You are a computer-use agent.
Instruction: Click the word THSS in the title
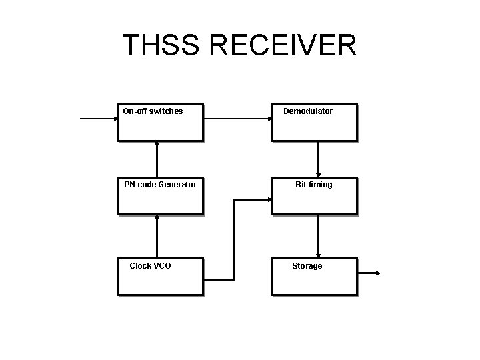pyautogui.click(x=161, y=45)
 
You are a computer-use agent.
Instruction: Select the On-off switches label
pyautogui.click(x=153, y=111)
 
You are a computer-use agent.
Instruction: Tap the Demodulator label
pyautogui.click(x=308, y=111)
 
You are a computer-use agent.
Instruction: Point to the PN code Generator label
pyautogui.click(x=160, y=185)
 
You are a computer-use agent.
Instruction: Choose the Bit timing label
pyautogui.click(x=314, y=185)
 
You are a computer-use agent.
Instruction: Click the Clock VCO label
pyautogui.click(x=150, y=266)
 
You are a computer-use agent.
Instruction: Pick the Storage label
pyautogui.click(x=307, y=266)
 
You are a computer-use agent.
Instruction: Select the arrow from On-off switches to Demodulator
pyautogui.click(x=237, y=119)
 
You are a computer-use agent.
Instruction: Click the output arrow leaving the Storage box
pyautogui.click(x=369, y=273)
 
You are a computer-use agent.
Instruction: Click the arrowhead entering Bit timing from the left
pyautogui.click(x=267, y=199)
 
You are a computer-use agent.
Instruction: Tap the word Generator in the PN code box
pyautogui.click(x=177, y=185)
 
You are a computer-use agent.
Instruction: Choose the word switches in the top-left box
pyautogui.click(x=166, y=111)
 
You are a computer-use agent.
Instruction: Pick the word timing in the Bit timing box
pyautogui.click(x=320, y=185)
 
